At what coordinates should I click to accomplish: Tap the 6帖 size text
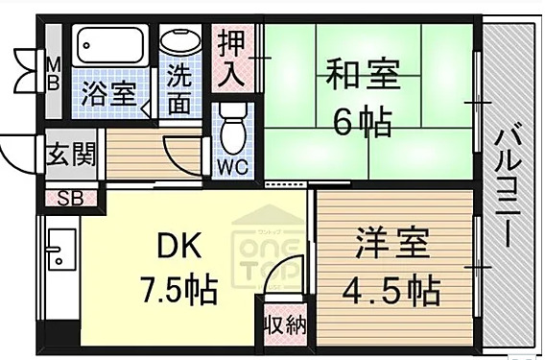point(362,122)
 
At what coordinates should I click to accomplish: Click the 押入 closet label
point(231,60)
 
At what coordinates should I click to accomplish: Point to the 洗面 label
point(179,91)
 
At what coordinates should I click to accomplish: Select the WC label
point(231,166)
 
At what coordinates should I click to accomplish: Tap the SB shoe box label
point(69,200)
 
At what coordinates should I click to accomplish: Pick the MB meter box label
point(53,74)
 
